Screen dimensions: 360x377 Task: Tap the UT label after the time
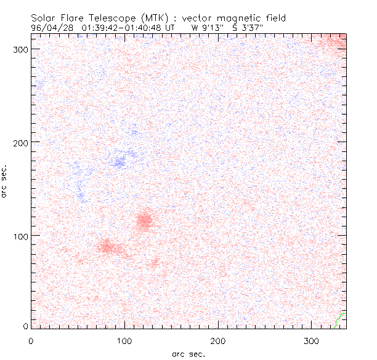point(171,27)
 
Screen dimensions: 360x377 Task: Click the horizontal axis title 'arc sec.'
point(188,354)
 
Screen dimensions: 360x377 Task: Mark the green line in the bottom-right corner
point(338,318)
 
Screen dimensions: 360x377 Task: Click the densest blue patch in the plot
point(120,162)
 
